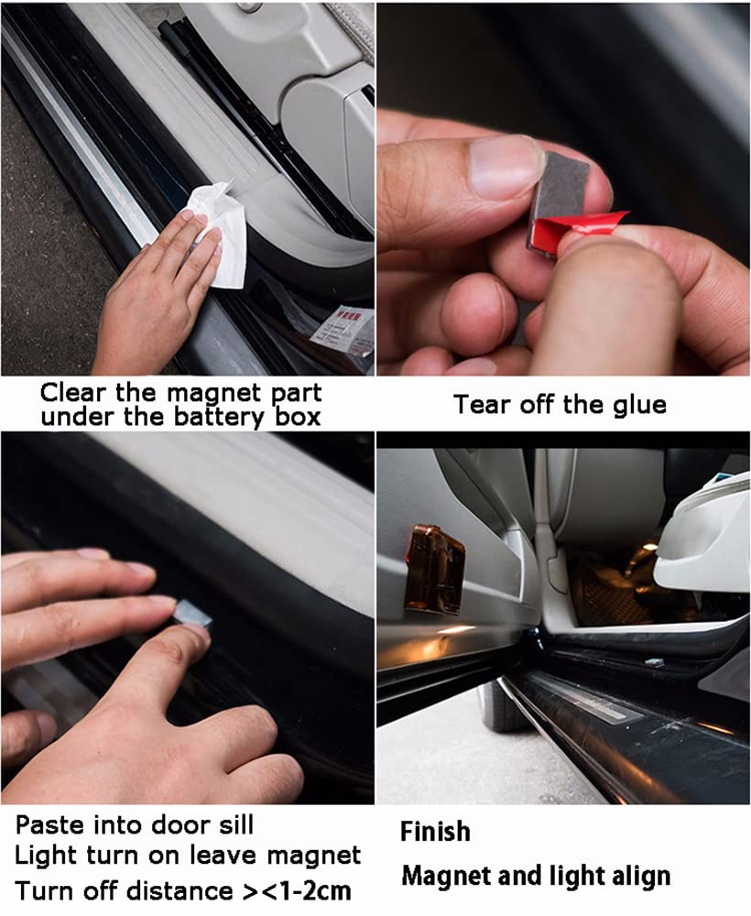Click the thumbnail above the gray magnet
(506, 168)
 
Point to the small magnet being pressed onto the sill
(192, 614)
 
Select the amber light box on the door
(434, 571)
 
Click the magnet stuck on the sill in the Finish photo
(653, 662)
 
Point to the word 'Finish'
(435, 832)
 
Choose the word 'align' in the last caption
(641, 877)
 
